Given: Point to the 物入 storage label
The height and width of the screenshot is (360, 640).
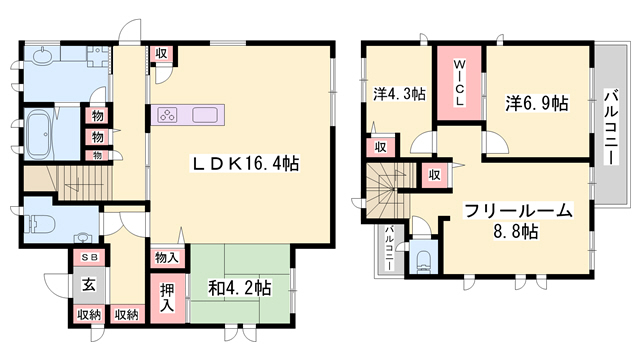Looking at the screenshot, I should click(x=167, y=258).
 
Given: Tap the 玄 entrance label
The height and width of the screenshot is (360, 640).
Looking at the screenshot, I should click(x=88, y=284).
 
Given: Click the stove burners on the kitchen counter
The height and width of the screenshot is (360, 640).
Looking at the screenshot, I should click(x=166, y=114).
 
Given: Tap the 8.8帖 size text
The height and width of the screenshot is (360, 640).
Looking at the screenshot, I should click(x=516, y=232).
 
